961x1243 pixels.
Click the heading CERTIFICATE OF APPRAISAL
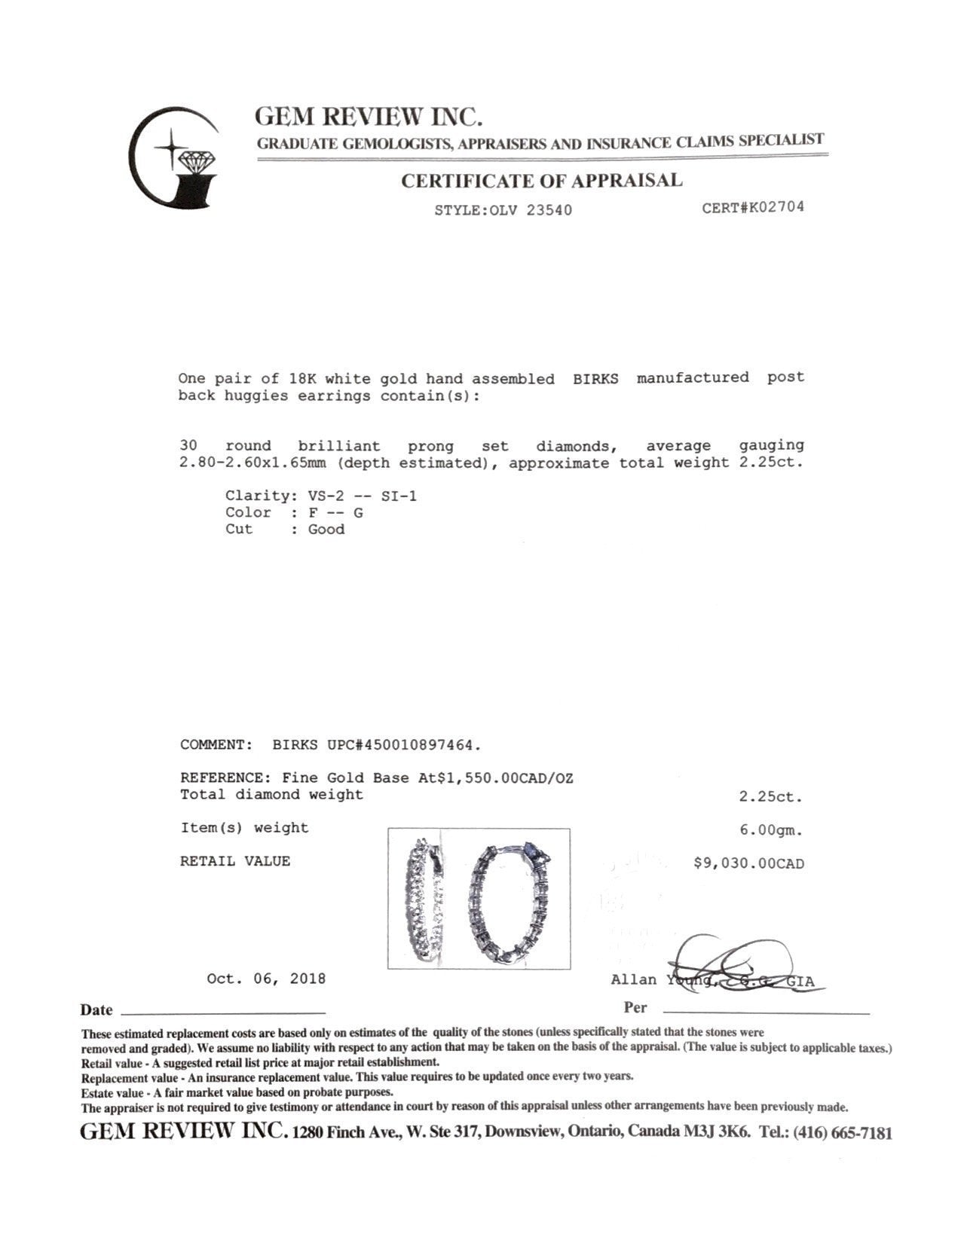[541, 181]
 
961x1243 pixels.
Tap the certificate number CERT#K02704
[752, 207]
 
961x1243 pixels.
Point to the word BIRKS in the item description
[595, 379]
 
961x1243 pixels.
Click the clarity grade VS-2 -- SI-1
[363, 496]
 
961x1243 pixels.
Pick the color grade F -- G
[335, 512]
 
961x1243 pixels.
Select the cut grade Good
[326, 529]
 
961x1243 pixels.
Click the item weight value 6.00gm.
[771, 830]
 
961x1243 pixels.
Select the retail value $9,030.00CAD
[748, 863]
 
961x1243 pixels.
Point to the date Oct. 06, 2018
[266, 979]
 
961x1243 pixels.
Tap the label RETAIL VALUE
[234, 861]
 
